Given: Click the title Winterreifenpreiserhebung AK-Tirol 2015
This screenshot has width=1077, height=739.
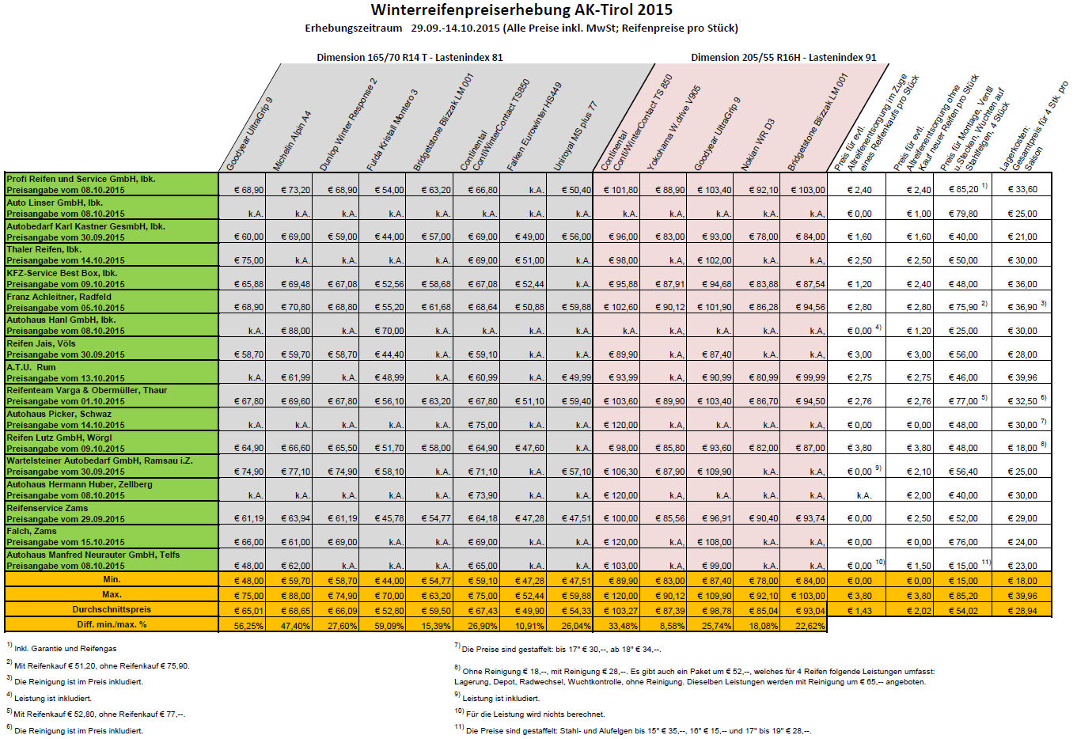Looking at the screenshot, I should point(521,10).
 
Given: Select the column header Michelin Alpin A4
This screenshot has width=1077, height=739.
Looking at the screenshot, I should point(292,141).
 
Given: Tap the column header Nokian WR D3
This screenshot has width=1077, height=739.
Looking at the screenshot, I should point(757,145).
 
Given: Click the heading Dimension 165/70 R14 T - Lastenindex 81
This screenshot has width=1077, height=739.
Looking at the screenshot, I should point(409,58).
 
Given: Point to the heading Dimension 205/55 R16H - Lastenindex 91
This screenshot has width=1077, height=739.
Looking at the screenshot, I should point(783,58).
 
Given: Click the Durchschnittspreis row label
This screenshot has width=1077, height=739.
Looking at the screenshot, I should point(112,610).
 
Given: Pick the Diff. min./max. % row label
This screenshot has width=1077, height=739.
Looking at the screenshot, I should point(112,625).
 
